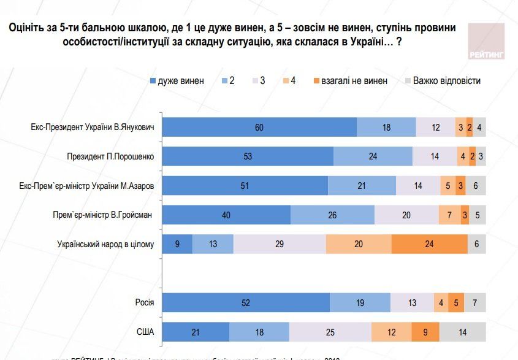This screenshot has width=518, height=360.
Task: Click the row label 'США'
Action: [145, 332]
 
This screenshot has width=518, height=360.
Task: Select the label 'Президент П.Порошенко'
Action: [110, 156]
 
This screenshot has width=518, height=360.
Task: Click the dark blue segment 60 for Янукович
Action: [259, 127]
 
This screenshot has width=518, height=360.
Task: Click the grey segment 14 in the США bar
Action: [463, 332]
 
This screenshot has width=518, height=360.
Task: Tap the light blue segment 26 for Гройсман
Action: [332, 215]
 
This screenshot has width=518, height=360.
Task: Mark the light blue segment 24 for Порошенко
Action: [373, 156]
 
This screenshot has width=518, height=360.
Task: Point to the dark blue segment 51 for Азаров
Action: [245, 186]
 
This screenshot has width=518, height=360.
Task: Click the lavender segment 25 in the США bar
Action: [330, 332]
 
